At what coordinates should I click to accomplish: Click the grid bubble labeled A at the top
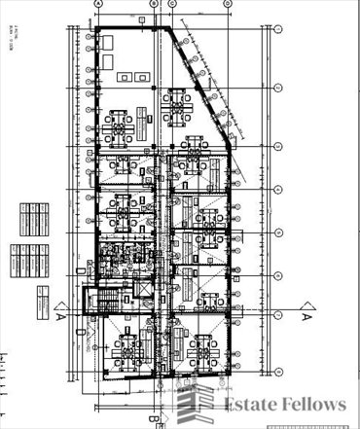click(97, 4)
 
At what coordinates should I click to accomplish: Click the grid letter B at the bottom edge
click(154, 420)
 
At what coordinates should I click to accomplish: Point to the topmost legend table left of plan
click(32, 210)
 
